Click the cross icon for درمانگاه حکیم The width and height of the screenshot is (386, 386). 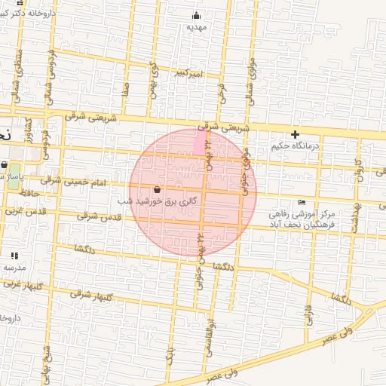(296, 134)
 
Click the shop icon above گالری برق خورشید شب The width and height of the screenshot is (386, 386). (156, 190)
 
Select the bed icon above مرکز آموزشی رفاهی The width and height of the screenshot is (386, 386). (302, 202)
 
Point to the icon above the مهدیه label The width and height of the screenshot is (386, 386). (197, 15)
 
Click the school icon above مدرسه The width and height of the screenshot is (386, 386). (14, 256)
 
